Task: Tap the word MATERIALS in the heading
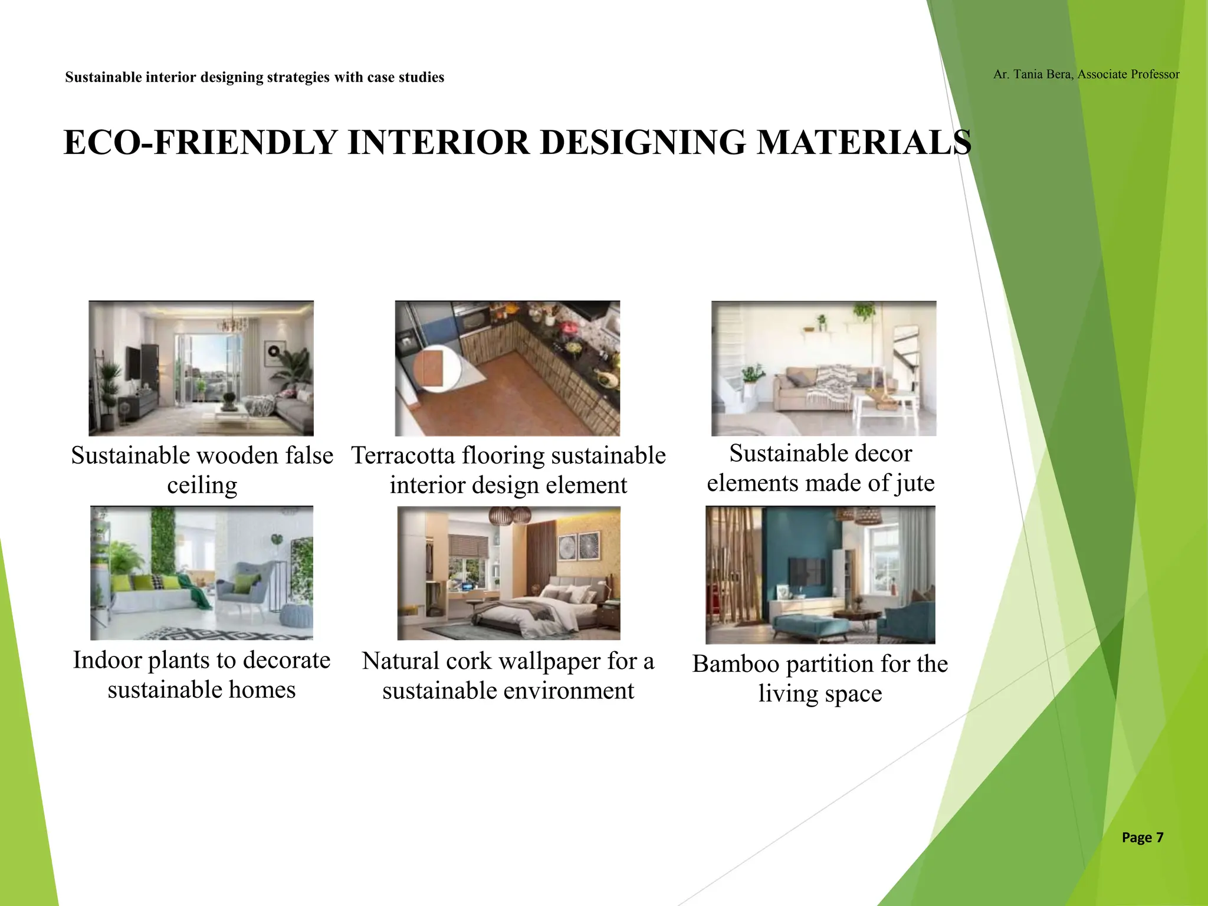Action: [x=864, y=143]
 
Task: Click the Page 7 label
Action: [x=1142, y=838]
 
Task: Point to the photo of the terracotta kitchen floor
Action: [x=507, y=368]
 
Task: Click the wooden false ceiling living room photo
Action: [x=201, y=368]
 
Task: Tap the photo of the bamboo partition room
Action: [x=820, y=575]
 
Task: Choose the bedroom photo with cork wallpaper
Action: [x=508, y=573]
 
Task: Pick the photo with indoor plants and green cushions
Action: [x=201, y=573]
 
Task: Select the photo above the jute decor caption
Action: [x=823, y=368]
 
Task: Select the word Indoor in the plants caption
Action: [x=107, y=661]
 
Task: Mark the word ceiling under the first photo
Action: [x=202, y=485]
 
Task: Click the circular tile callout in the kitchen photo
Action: [x=435, y=369]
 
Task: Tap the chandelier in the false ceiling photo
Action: [x=233, y=323]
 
